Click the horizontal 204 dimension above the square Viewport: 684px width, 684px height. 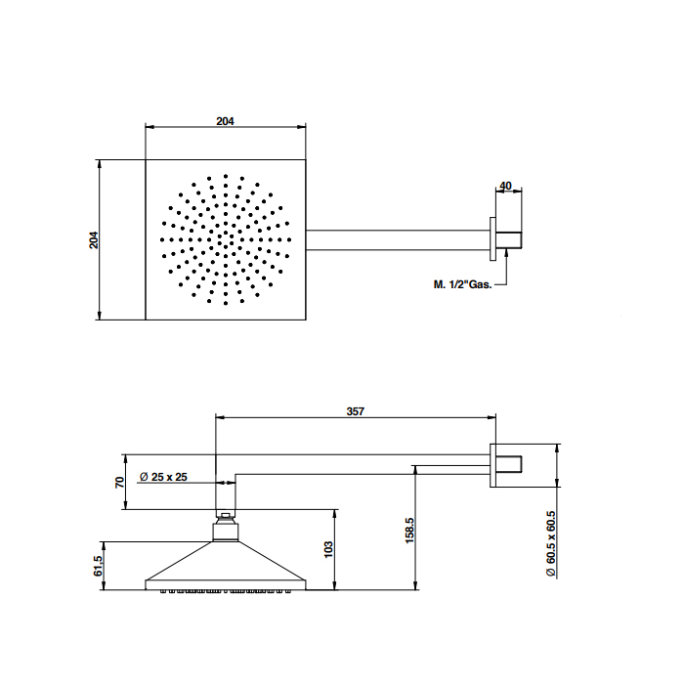click(225, 121)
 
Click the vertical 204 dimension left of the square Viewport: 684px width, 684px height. click(94, 240)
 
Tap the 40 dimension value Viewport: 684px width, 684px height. click(505, 186)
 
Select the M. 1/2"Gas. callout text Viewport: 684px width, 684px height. click(462, 284)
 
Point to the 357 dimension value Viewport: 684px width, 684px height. click(355, 411)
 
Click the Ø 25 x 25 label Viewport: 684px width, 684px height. click(163, 477)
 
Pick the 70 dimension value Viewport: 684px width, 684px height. click(119, 483)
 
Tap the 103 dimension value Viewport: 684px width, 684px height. click(328, 549)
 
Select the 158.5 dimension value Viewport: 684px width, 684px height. click(409, 531)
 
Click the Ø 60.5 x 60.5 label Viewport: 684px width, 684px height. click(551, 544)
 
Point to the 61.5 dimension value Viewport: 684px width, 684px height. click(98, 566)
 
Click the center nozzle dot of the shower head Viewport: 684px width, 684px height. click(226, 239)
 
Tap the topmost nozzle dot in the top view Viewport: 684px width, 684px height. click(226, 176)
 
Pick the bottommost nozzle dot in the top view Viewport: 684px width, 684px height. click(226, 303)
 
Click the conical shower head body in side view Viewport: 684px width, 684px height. click(226, 566)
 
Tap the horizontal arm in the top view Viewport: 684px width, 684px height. click(398, 240)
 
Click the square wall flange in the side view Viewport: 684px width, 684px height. click(492, 465)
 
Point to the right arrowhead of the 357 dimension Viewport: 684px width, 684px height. click(492, 417)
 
